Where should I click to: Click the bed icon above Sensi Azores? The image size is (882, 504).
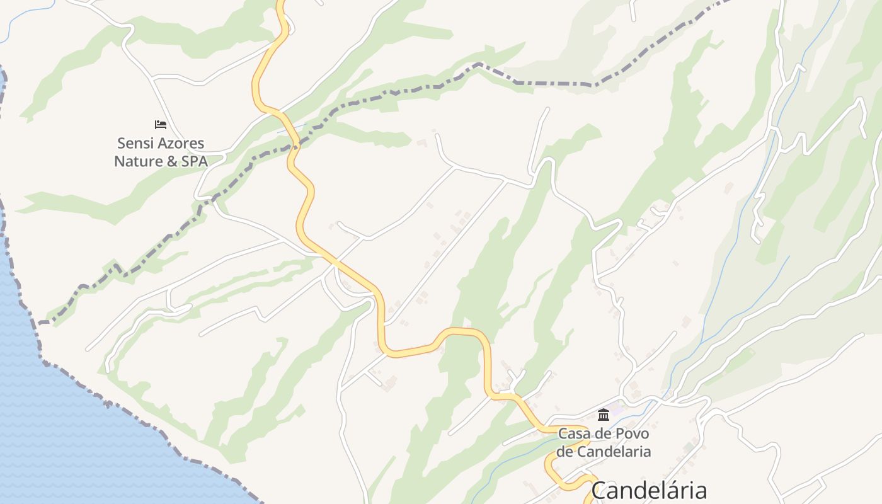pos(161,125)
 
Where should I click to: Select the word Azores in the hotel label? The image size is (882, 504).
pos(181,144)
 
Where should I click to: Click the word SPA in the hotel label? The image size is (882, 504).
pos(195,161)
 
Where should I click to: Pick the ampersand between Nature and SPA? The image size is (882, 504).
pos(171,161)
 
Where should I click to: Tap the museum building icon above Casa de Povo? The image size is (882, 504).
pos(604,415)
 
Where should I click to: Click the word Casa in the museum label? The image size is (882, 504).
pos(574,434)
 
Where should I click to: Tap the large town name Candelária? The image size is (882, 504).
pos(649,490)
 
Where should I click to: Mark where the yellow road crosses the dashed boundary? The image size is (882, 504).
pos(294,145)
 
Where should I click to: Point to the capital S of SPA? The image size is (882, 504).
pos(186,161)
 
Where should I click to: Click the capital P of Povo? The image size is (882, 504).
pos(621,434)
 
